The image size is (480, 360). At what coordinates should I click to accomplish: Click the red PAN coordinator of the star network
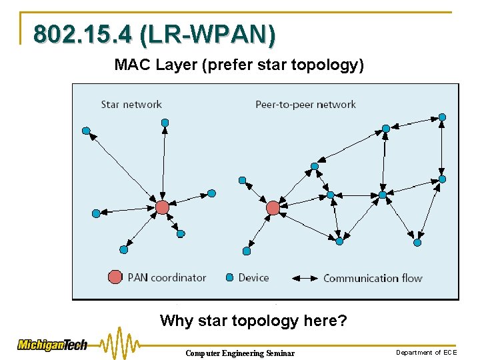point(162,207)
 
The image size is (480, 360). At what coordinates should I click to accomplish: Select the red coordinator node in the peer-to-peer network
point(273,208)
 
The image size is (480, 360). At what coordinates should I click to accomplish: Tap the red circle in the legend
point(115,277)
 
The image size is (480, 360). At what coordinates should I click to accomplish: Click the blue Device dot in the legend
point(229,277)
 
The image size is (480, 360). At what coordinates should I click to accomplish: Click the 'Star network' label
point(131,104)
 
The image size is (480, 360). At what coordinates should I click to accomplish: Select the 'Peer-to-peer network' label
point(305,104)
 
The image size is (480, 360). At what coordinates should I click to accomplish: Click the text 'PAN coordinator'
point(167,277)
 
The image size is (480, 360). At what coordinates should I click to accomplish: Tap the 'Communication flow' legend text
point(373,278)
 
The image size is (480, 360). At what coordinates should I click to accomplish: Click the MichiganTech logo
point(53,345)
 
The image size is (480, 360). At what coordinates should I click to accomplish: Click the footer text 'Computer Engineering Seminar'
point(239,353)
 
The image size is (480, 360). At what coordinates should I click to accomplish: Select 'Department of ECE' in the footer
point(427,352)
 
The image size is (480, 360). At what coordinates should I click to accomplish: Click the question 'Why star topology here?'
point(253,321)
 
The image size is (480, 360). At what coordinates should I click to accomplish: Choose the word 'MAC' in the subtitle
point(129,65)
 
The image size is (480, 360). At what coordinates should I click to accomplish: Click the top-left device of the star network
point(86,131)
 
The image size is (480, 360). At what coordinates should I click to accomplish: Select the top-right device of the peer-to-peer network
point(442,117)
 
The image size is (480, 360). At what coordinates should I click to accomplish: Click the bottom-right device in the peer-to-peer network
point(417,243)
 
